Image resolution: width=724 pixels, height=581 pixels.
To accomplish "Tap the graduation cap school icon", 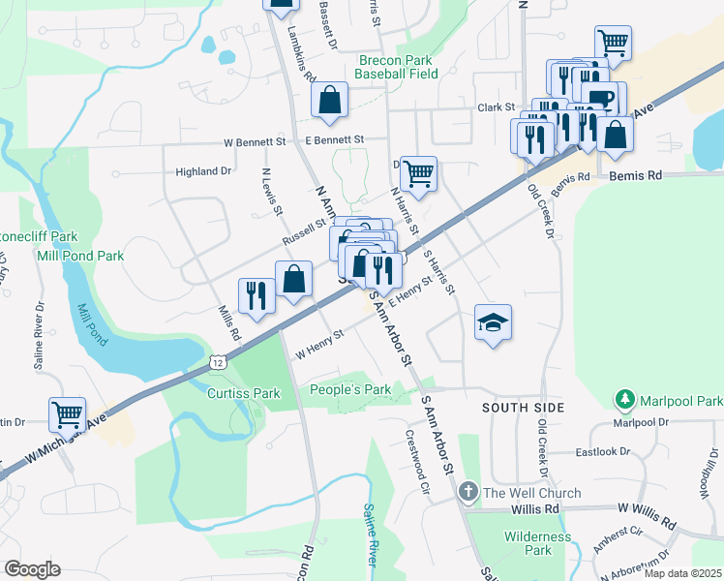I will point(493,322).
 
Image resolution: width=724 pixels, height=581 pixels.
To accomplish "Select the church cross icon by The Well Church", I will point(468,493).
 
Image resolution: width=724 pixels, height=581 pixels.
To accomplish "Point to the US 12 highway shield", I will point(219,361).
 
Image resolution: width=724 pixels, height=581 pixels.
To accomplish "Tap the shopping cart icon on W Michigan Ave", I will point(67,414).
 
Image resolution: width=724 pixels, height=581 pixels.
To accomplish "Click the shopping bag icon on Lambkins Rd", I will point(330,100).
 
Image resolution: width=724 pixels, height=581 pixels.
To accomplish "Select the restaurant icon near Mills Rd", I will point(256,294).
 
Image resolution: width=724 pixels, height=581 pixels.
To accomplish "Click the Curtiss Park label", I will point(243,393).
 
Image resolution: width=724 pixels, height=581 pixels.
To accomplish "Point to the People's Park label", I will point(349,390).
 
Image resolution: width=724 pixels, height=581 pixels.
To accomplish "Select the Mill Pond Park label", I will point(80,256).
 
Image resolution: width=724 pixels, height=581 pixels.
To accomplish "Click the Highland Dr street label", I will point(203,171).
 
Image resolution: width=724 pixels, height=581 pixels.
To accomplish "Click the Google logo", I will point(33,568).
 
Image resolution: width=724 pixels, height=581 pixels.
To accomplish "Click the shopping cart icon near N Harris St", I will point(418,174).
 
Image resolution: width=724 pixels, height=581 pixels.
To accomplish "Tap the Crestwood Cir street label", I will point(417,463).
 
